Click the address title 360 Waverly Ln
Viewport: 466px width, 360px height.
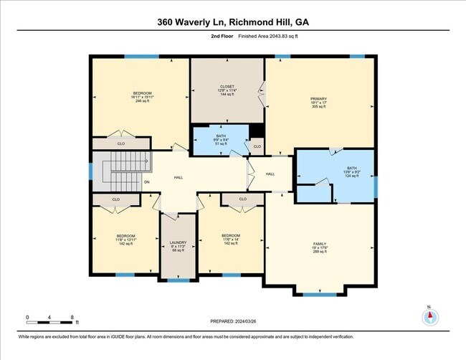click(233, 22)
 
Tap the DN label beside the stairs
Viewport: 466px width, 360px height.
click(146, 181)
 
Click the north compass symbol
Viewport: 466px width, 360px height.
click(429, 317)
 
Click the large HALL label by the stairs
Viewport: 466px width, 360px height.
click(179, 177)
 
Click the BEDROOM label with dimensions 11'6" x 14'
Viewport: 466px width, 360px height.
click(231, 239)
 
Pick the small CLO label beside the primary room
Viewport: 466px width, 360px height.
click(256, 148)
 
